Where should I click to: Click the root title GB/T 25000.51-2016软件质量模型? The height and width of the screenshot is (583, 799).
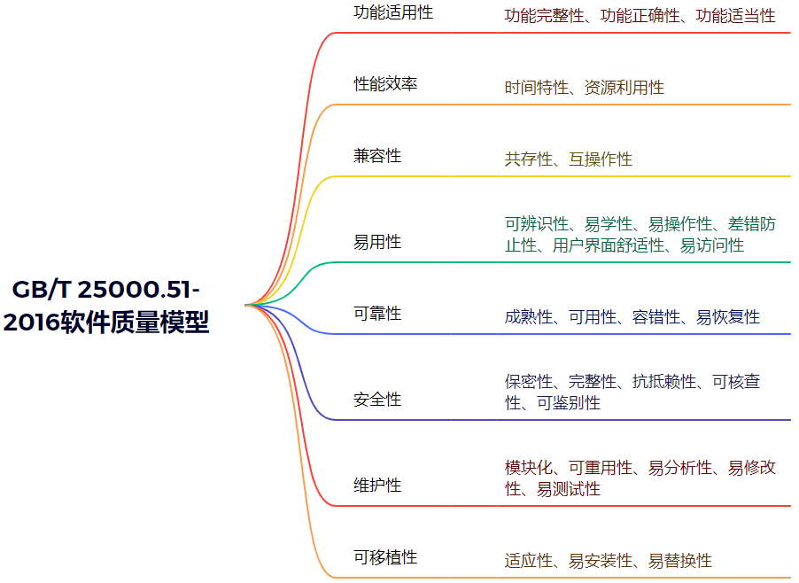tap(106, 306)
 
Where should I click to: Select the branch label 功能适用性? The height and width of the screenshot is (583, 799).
tap(393, 12)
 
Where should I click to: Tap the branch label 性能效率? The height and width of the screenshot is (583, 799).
tap(385, 84)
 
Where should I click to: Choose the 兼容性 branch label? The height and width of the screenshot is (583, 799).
tap(377, 156)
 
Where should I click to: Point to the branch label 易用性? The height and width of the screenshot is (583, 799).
tap(377, 242)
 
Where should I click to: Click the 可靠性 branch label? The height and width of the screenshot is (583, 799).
tap(377, 314)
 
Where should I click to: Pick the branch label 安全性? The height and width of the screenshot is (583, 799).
tap(377, 400)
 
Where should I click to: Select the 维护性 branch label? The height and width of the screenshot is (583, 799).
tap(377, 486)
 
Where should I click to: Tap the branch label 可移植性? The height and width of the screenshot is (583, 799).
tap(385, 557)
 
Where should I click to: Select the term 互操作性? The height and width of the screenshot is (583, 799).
tap(601, 159)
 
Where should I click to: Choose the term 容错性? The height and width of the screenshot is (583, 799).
tap(656, 317)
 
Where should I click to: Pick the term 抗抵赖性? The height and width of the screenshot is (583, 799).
tap(664, 382)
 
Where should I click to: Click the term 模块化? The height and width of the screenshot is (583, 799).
tap(529, 468)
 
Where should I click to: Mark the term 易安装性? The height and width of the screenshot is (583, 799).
tap(601, 561)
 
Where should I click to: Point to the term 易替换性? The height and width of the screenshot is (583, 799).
tap(680, 561)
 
